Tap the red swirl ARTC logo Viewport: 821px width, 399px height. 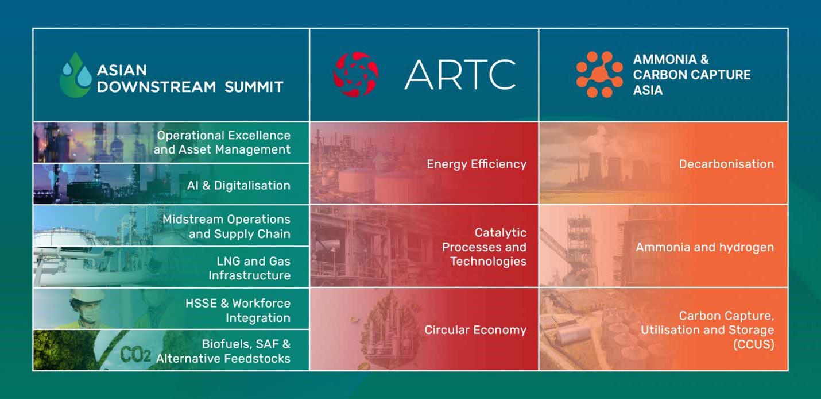[x=356, y=75]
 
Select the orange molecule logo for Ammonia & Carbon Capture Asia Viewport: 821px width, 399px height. [x=599, y=75]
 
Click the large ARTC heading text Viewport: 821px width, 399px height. [x=460, y=75]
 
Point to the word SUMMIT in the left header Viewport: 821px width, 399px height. [x=254, y=87]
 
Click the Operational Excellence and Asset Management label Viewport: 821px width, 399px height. [x=222, y=143]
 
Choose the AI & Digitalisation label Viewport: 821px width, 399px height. [x=239, y=185]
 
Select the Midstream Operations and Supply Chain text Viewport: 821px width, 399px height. [x=226, y=227]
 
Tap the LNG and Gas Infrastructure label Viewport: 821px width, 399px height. [x=249, y=268]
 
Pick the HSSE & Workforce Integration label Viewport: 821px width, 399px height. [x=238, y=310]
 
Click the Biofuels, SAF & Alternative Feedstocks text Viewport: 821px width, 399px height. [x=223, y=351]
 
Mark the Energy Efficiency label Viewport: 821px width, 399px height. [x=477, y=164]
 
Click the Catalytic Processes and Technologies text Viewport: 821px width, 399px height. [x=484, y=247]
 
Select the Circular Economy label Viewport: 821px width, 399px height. [x=475, y=330]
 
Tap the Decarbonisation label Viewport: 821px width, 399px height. [x=726, y=164]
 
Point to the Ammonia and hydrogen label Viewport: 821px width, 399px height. [x=705, y=247]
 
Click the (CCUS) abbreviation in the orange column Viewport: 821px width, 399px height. [x=754, y=344]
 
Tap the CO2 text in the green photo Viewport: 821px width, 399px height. [x=135, y=355]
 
